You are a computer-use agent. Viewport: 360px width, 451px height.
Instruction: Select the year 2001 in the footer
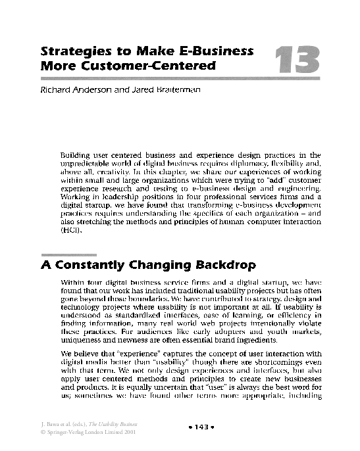(x=131, y=433)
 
